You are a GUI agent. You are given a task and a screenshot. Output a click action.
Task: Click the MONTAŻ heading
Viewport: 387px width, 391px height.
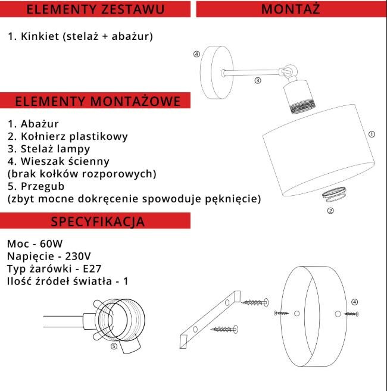tap(291, 9)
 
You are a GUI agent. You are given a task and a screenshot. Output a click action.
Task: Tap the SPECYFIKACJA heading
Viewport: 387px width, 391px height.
tap(98, 222)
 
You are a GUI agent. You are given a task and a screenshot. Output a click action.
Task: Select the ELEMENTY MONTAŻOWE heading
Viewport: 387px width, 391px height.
tap(98, 101)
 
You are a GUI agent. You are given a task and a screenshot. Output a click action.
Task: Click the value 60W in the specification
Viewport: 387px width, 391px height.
tap(49, 244)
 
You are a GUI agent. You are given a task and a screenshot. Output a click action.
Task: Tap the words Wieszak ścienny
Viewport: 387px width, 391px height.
tap(65, 162)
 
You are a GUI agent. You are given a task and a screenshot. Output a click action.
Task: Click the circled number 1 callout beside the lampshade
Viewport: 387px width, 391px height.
tap(372, 134)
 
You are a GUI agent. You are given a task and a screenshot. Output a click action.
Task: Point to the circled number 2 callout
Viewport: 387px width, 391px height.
tap(330, 210)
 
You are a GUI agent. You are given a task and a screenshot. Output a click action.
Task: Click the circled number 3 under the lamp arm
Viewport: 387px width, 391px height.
tap(257, 80)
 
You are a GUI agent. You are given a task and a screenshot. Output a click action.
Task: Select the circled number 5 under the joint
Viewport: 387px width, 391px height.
tap(114, 346)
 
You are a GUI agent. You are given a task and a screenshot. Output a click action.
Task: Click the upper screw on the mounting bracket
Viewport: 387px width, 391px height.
tap(256, 302)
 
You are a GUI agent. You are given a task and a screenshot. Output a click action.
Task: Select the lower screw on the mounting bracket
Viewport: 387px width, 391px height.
tap(224, 328)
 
